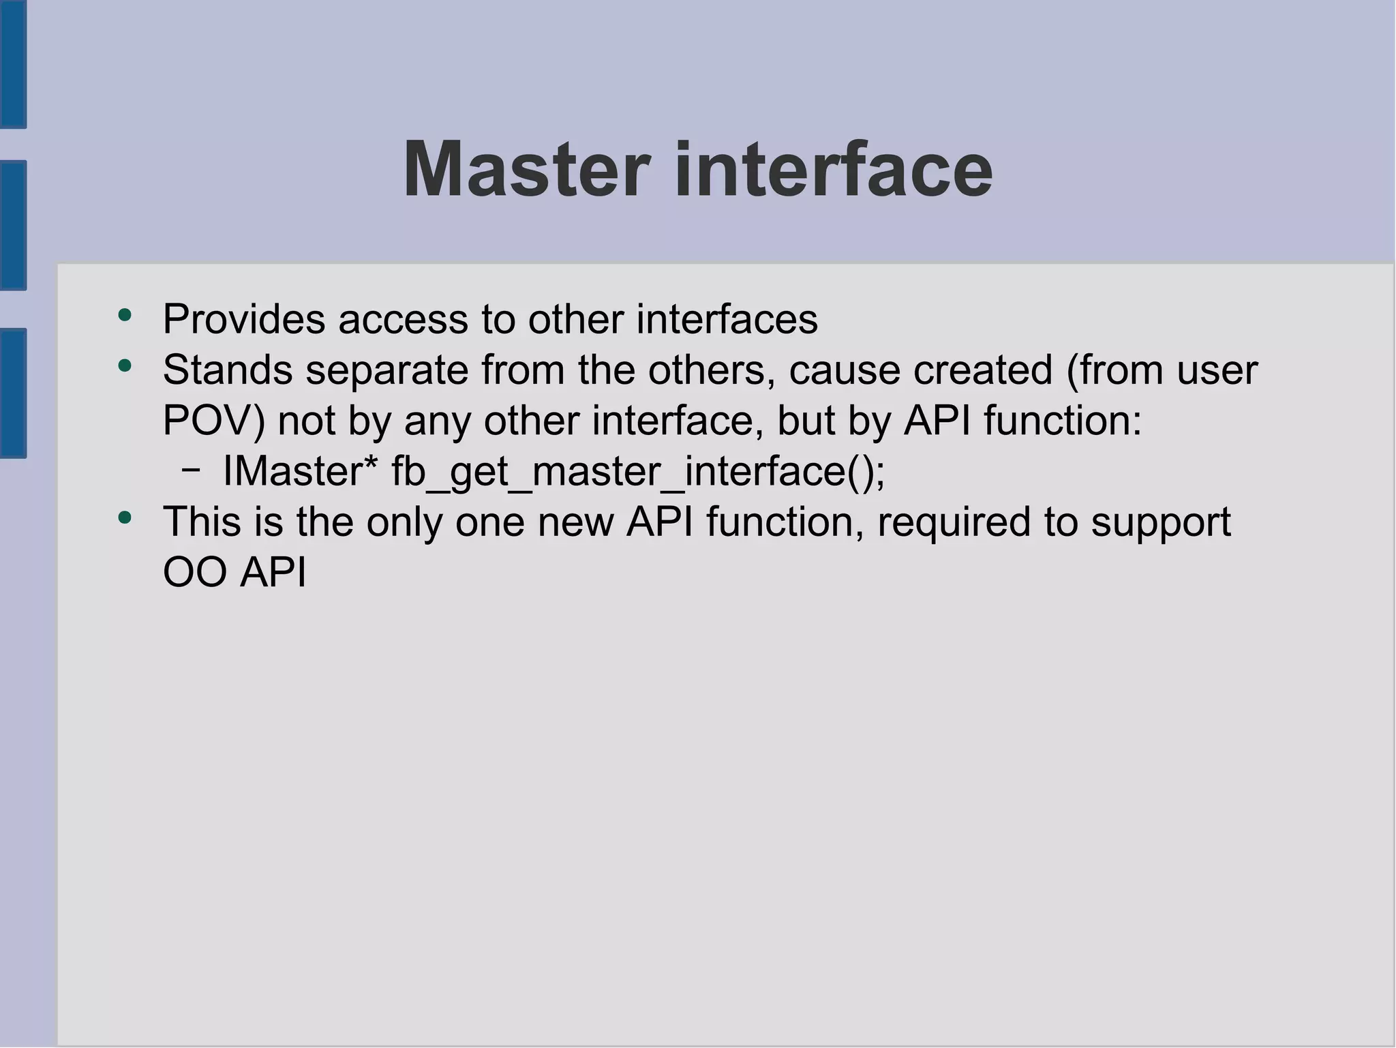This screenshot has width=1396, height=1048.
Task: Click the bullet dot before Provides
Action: click(124, 315)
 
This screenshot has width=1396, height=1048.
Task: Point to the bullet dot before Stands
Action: click(124, 366)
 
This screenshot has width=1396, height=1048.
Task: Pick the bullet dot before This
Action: click(124, 518)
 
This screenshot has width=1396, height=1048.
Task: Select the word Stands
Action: click(228, 370)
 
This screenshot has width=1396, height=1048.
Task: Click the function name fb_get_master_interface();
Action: click(638, 472)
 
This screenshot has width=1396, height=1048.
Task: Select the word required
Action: click(954, 523)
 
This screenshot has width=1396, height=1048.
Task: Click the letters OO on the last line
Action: click(194, 572)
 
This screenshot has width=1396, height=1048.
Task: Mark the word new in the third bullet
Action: click(575, 522)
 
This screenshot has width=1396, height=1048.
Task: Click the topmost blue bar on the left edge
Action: click(13, 64)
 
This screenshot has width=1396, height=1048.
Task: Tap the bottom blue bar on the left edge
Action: click(13, 393)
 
